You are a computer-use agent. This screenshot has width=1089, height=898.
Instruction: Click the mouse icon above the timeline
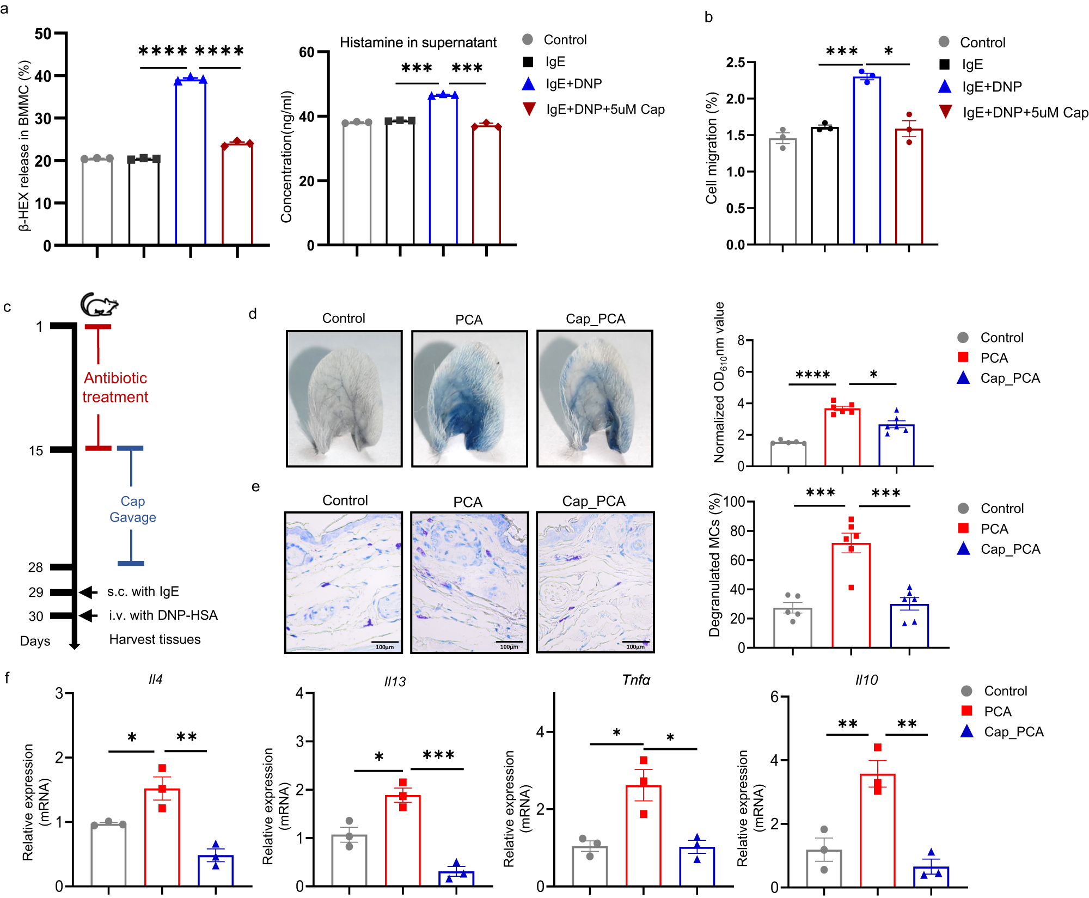coord(99,304)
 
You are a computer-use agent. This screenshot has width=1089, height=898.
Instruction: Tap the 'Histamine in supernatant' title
coord(418,42)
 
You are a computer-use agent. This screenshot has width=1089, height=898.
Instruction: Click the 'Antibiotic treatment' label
coord(115,387)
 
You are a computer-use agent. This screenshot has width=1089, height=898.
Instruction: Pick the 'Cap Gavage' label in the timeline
coord(132,509)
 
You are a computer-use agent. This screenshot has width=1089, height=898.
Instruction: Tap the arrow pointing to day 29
coord(88,592)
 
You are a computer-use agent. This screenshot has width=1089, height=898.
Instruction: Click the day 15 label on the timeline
coord(36,451)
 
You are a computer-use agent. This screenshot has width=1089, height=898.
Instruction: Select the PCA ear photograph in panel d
coord(469,399)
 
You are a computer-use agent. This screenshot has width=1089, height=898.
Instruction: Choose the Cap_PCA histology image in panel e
coord(595,582)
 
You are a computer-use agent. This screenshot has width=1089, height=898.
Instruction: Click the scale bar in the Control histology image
coord(386,643)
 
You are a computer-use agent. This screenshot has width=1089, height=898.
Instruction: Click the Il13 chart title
coord(395,682)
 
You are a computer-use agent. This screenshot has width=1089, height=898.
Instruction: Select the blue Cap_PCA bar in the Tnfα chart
coord(697,866)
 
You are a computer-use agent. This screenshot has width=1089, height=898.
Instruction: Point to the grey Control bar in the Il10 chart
coord(824,868)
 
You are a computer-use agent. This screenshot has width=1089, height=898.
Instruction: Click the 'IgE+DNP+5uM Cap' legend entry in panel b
coord(1025,113)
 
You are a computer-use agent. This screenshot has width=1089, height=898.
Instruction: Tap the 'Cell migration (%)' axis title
coord(712,148)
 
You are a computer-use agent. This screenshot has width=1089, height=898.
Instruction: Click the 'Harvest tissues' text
coord(155,639)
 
